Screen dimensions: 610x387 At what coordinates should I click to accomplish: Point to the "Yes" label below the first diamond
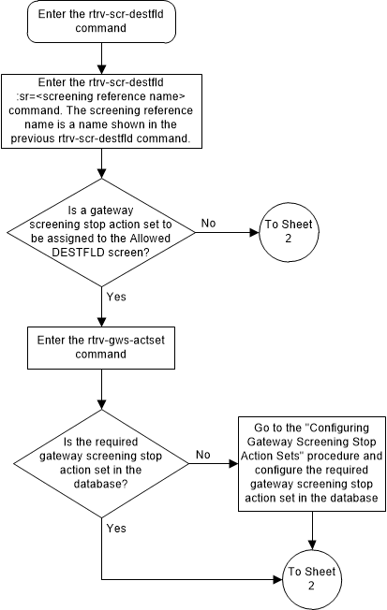116,298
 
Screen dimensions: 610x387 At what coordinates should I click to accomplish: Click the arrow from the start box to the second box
100,60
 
